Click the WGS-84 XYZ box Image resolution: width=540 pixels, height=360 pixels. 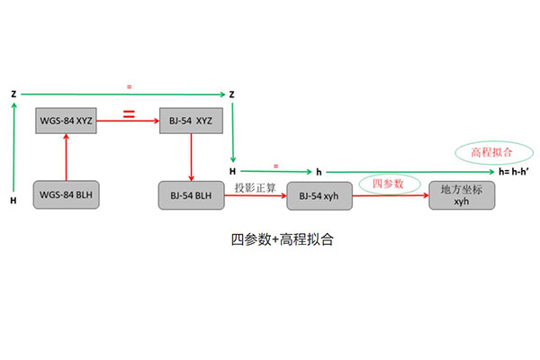pos(67,120)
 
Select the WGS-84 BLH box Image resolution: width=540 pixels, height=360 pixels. pos(67,194)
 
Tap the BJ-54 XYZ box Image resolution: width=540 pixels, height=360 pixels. pos(191,120)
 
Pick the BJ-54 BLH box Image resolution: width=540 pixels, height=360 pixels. pos(191,194)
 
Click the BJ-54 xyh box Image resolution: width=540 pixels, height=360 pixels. pos(319,195)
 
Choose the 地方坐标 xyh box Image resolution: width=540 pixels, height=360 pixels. pos(462,195)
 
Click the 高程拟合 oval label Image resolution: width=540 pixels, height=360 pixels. pos(486,153)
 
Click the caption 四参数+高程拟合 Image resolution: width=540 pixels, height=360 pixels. pos(270,241)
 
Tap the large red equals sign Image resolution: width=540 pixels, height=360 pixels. pos(129,116)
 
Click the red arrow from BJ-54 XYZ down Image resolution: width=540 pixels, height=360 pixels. pos(191,157)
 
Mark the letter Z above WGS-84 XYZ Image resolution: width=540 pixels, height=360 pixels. pos(14,94)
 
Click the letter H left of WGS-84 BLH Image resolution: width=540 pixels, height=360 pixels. pos(13,200)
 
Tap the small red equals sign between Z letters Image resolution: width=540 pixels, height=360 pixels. pos(129,85)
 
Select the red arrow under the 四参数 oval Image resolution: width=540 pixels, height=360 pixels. pos(391,195)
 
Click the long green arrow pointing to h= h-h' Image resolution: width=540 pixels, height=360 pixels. pos(405,171)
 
